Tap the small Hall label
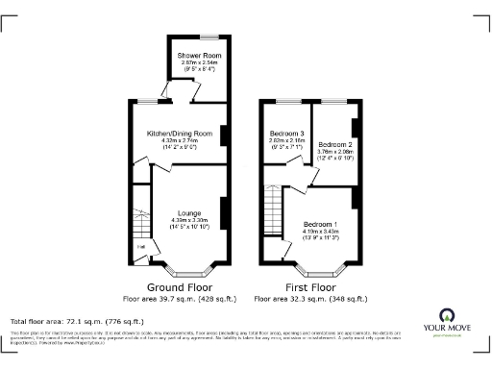coord(141,248)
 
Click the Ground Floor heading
coord(179,287)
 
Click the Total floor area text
coord(77,321)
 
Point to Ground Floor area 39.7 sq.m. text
coord(180,299)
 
